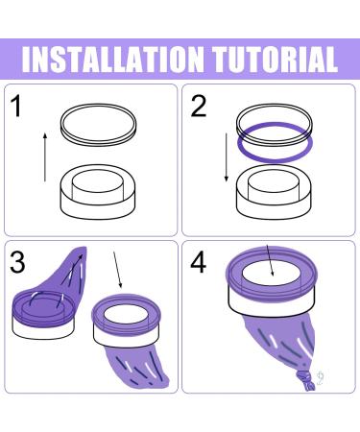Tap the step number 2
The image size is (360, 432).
(x=198, y=106)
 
